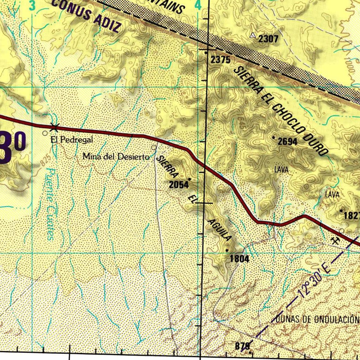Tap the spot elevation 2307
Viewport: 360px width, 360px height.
(x=269, y=39)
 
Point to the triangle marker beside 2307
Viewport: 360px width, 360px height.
(x=253, y=35)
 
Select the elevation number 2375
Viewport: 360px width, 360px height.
(x=220, y=60)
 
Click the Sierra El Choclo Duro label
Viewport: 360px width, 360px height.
(x=281, y=110)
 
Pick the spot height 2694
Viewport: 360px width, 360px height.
(x=288, y=142)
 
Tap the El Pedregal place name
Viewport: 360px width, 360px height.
(x=72, y=140)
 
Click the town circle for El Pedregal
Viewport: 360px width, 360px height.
(x=45, y=134)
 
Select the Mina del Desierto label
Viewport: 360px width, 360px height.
(x=116, y=157)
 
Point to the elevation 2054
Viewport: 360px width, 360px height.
(x=179, y=185)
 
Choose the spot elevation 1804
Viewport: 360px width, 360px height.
(x=239, y=259)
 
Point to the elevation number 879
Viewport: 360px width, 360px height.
(x=242, y=346)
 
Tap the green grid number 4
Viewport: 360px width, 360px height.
(x=198, y=5)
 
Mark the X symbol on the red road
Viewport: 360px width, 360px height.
(x=54, y=127)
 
